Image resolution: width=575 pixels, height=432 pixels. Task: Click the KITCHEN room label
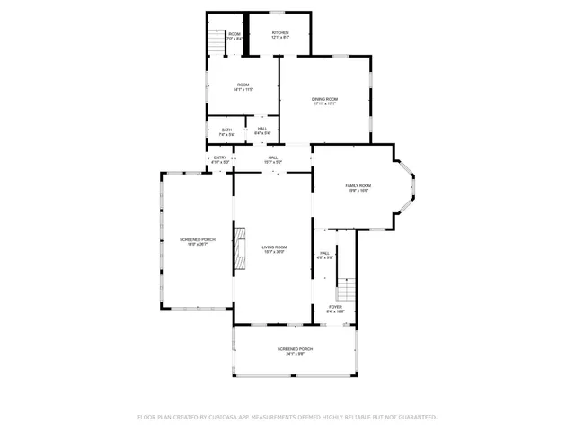pos(281,32)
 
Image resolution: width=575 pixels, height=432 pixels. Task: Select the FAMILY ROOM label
pos(358,185)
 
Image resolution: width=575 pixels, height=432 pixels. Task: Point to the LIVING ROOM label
pos(274,247)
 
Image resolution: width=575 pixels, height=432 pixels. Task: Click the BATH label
pos(226,130)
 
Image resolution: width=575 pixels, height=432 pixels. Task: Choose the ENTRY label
pos(220,157)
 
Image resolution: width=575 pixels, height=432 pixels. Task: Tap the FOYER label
pos(335,307)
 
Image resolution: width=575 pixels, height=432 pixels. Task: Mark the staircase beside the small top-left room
pos(216,41)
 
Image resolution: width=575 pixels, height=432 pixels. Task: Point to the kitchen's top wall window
pos(279,13)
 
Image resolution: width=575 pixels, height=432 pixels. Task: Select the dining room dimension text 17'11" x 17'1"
pos(324,103)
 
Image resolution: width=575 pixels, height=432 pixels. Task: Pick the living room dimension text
pos(274,252)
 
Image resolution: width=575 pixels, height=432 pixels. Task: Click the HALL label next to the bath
pos(262,130)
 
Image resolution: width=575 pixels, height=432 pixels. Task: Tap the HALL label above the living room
pos(273,157)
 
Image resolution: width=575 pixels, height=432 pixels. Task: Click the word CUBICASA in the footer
pos(225,417)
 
